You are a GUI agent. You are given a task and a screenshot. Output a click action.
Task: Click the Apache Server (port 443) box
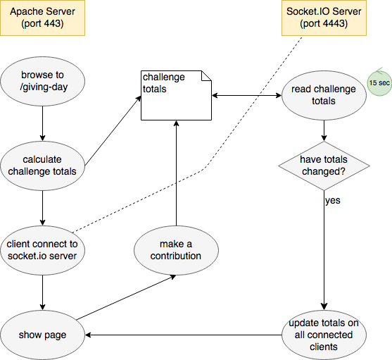(x=42, y=18)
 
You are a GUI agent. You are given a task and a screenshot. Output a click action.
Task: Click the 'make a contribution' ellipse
(x=175, y=249)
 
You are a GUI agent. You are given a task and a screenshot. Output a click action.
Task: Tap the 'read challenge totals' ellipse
(x=324, y=94)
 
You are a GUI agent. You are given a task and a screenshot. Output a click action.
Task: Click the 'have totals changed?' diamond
(x=324, y=166)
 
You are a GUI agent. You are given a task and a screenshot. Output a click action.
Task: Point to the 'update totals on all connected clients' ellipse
(x=324, y=334)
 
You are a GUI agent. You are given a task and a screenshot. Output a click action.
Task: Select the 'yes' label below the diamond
(x=333, y=200)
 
